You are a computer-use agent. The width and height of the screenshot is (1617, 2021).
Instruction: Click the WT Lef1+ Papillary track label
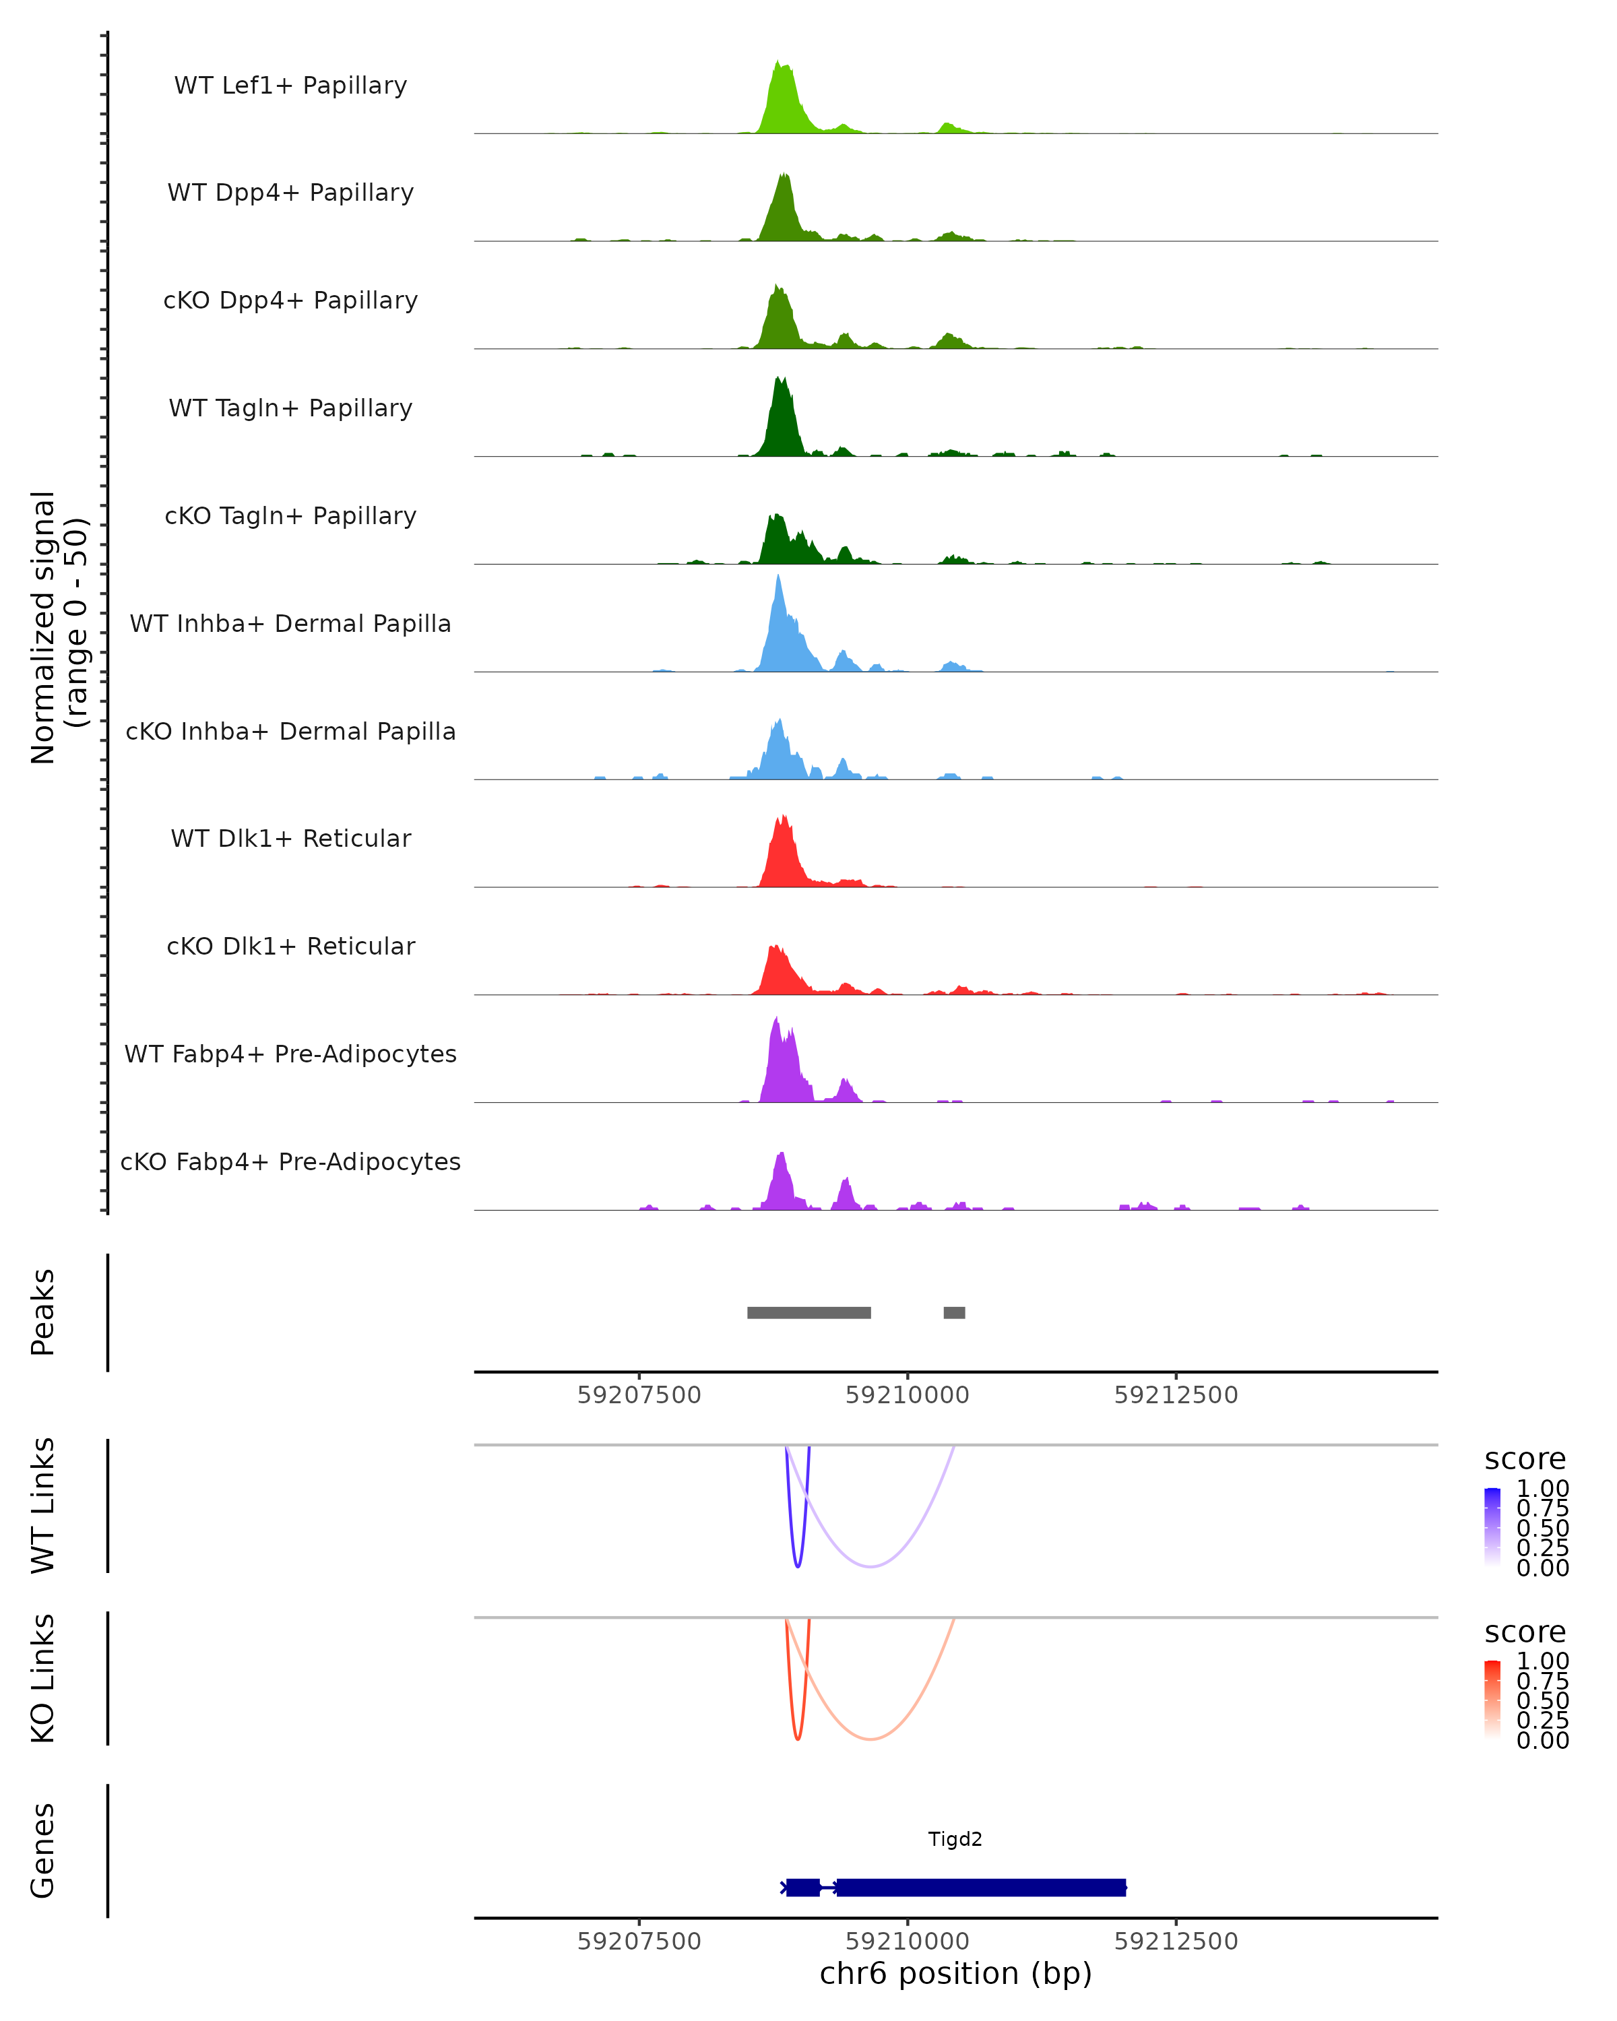tap(290, 86)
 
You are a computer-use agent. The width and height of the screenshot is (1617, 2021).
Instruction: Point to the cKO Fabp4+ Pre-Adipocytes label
tap(290, 1161)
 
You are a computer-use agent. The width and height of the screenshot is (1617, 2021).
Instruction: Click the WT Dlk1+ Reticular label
tap(290, 838)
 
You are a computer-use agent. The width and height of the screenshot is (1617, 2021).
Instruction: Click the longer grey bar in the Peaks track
tap(809, 1312)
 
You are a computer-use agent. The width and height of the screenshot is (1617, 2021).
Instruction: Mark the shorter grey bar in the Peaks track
tap(954, 1312)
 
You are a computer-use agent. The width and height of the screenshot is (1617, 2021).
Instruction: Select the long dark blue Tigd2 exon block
tap(980, 1887)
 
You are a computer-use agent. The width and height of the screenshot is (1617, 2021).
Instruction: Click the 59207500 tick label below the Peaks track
tap(639, 1395)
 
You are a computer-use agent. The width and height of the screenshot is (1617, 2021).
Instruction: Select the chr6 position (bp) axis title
tap(955, 1973)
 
